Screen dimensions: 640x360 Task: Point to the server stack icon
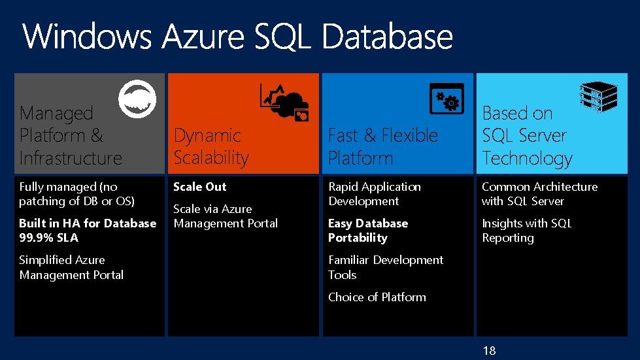click(x=599, y=97)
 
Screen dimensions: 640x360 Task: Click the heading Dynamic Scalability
click(x=211, y=146)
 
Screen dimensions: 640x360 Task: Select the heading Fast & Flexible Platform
click(x=382, y=146)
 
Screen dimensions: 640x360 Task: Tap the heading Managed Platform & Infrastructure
click(x=71, y=135)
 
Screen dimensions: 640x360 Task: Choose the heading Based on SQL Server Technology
click(x=527, y=135)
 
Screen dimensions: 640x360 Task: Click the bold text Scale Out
click(x=199, y=187)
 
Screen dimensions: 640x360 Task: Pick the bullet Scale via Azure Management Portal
click(x=225, y=216)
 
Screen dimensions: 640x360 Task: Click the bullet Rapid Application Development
click(x=374, y=194)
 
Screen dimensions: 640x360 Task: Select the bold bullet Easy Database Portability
click(x=367, y=231)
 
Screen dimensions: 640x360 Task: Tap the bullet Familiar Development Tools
click(x=385, y=267)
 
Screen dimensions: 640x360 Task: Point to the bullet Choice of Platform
click(x=377, y=297)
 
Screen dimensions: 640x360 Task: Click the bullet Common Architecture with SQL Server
click(x=539, y=194)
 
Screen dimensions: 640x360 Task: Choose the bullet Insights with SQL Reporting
click(x=526, y=231)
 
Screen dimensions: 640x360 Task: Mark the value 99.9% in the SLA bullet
click(x=37, y=238)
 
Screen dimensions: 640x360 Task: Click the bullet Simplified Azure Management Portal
click(x=71, y=267)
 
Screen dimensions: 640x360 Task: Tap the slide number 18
click(x=489, y=351)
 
